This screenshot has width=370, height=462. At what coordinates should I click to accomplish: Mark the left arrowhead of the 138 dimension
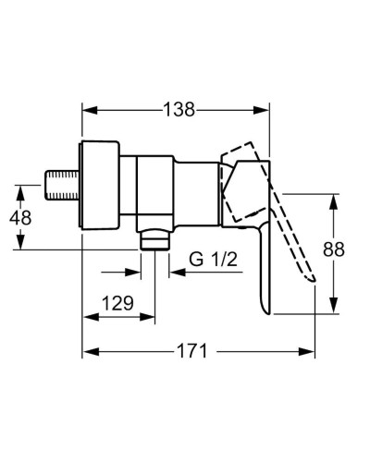tap(90, 109)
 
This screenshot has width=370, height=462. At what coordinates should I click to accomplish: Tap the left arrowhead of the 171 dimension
tap(90, 352)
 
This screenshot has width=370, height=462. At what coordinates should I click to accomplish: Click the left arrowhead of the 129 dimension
tap(90, 316)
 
